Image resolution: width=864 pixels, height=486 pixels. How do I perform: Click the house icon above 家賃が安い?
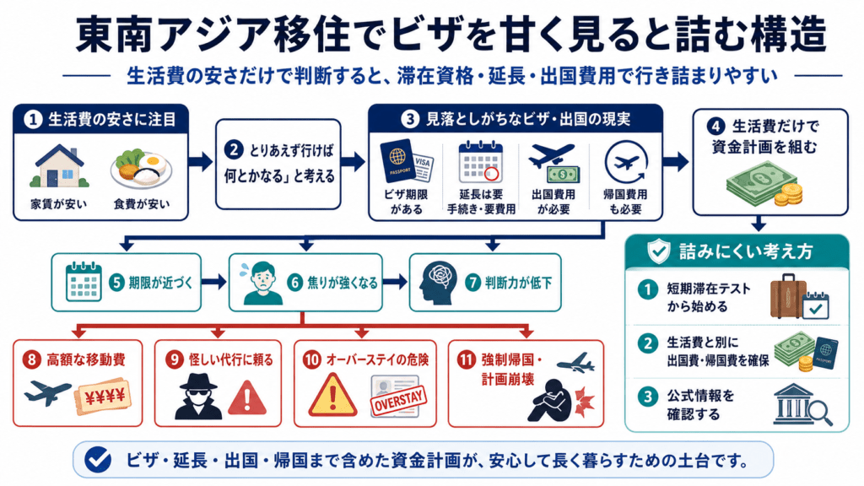(60, 166)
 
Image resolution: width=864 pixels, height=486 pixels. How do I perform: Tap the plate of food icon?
(141, 169)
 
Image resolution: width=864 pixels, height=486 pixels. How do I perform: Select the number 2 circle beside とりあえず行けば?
(234, 150)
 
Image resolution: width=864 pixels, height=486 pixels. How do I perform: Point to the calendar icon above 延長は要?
(480, 162)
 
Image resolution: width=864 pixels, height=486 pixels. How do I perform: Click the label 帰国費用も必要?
(625, 202)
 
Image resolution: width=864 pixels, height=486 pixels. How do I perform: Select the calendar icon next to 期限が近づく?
(84, 282)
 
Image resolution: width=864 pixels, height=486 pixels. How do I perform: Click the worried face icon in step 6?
(262, 283)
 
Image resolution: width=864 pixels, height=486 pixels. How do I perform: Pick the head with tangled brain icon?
(438, 282)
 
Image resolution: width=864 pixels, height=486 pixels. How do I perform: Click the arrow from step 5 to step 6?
(213, 282)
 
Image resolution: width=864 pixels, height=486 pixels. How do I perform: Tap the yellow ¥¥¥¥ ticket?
(102, 395)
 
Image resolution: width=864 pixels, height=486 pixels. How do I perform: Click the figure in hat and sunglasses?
(198, 397)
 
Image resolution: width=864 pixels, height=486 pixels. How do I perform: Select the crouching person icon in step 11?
(548, 400)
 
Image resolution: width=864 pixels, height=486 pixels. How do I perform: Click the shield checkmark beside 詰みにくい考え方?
(658, 251)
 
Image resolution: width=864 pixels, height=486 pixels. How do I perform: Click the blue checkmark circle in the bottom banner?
(98, 460)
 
